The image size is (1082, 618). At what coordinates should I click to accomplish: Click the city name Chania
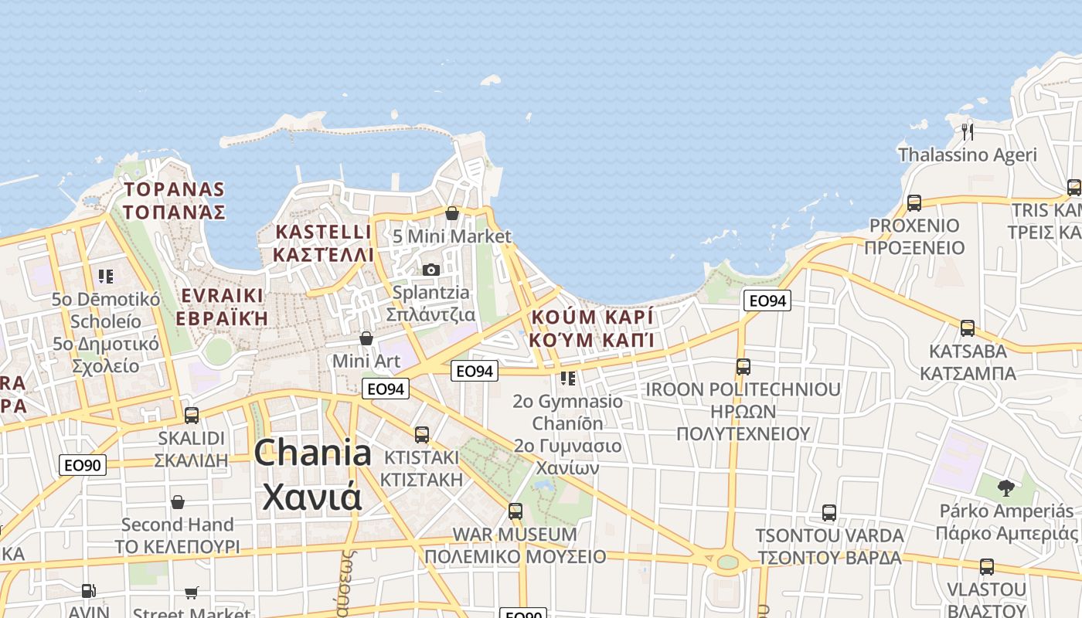point(312,453)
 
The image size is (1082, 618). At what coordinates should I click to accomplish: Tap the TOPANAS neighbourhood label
point(175,200)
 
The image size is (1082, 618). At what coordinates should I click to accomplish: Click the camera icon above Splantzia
point(431,270)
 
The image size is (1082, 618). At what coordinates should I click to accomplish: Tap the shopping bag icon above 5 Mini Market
point(452,213)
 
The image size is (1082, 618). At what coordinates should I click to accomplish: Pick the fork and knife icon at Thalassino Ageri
point(967,131)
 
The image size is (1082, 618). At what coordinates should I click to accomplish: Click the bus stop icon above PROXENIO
point(914,203)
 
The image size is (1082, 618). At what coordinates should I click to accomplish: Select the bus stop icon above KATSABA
point(967,328)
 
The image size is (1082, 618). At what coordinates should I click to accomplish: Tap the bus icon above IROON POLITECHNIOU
point(743,367)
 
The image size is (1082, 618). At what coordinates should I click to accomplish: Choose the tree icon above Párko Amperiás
point(1005,487)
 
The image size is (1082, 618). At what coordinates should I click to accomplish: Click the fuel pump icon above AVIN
point(89,591)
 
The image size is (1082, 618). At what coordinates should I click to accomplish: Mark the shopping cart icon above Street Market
point(191,593)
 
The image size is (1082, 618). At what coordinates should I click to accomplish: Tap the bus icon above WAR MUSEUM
point(515,511)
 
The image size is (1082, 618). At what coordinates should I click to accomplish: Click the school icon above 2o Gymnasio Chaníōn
point(568,378)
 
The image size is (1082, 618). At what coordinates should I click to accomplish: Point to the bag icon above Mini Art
point(366,338)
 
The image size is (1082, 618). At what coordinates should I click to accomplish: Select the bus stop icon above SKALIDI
point(191,416)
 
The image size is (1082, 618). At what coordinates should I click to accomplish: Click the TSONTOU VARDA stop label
point(829,546)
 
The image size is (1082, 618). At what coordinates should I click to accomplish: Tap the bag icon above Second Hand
point(178,502)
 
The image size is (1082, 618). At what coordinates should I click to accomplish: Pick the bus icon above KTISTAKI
point(421,435)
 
